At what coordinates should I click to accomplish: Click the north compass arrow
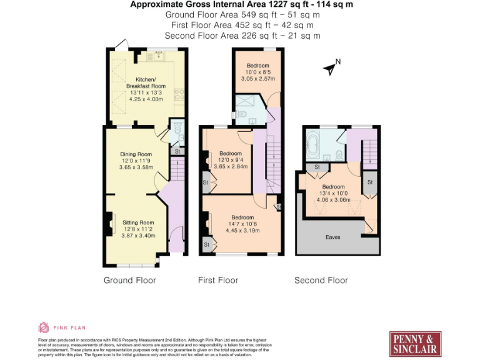pyautogui.click(x=330, y=67)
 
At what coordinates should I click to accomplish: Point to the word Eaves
pyautogui.click(x=333, y=237)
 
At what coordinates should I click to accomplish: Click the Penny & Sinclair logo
pyautogui.click(x=416, y=343)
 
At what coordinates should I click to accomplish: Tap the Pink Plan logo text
pyautogui.click(x=69, y=327)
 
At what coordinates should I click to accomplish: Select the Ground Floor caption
pyautogui.click(x=129, y=280)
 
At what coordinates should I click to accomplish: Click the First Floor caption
pyautogui.click(x=217, y=280)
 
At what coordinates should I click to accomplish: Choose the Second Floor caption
pyautogui.click(x=321, y=280)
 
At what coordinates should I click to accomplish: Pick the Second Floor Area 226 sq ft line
pyautogui.click(x=242, y=36)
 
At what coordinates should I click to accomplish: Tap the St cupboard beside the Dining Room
pyautogui.click(x=177, y=151)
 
